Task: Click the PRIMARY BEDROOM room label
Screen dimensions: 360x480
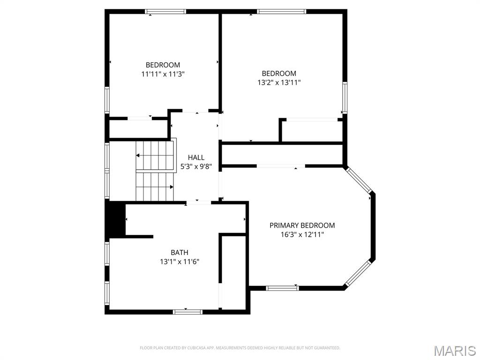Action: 302,225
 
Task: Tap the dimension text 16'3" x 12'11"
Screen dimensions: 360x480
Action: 302,234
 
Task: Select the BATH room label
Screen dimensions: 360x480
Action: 180,253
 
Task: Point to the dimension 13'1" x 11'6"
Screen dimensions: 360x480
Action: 180,262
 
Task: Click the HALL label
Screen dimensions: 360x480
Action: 196,157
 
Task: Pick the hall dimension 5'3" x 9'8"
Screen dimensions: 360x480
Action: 196,166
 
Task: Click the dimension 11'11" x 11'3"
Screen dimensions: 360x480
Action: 163,74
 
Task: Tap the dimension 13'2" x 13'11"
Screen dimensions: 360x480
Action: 279,82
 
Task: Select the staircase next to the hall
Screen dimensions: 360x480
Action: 155,171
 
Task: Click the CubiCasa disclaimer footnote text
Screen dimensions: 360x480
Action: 240,348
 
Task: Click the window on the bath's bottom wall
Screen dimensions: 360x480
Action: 187,311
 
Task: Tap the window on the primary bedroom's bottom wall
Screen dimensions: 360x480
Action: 283,288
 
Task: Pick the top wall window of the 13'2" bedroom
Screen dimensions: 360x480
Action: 281,12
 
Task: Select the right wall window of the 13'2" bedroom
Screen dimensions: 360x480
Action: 345,97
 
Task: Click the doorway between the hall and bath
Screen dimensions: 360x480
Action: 199,202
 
